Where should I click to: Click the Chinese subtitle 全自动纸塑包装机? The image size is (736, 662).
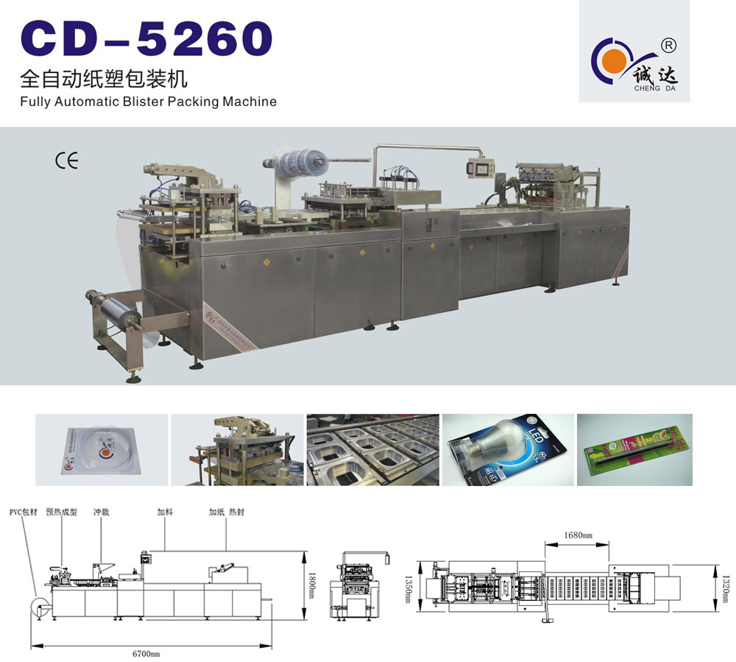click(x=104, y=78)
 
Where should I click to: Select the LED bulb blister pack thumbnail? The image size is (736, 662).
click(x=508, y=449)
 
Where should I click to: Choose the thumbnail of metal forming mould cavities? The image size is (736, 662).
click(x=372, y=449)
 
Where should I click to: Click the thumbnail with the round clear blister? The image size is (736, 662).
click(x=102, y=449)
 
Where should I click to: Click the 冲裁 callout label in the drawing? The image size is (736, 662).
click(x=102, y=511)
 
